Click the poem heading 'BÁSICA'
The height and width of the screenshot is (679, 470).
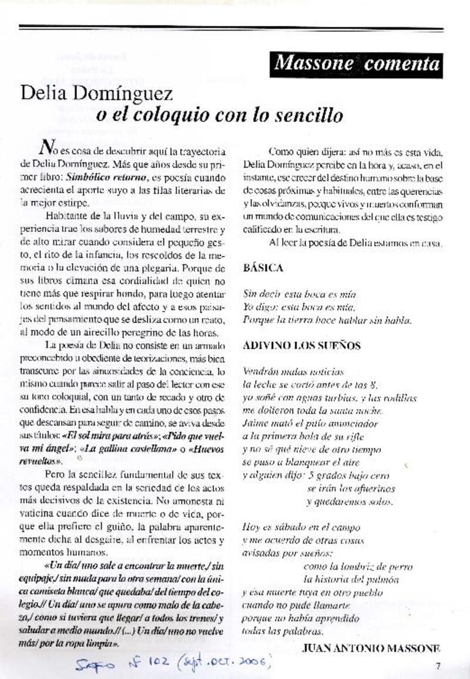coord(263,268)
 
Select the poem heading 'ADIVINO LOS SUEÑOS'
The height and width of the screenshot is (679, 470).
coord(301,345)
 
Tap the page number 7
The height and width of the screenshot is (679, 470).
coord(438,665)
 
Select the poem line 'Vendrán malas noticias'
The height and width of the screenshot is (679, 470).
coord(293,372)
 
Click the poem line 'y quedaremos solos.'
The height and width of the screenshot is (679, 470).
coord(350,502)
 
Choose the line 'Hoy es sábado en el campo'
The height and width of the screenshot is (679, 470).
coord(301,528)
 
